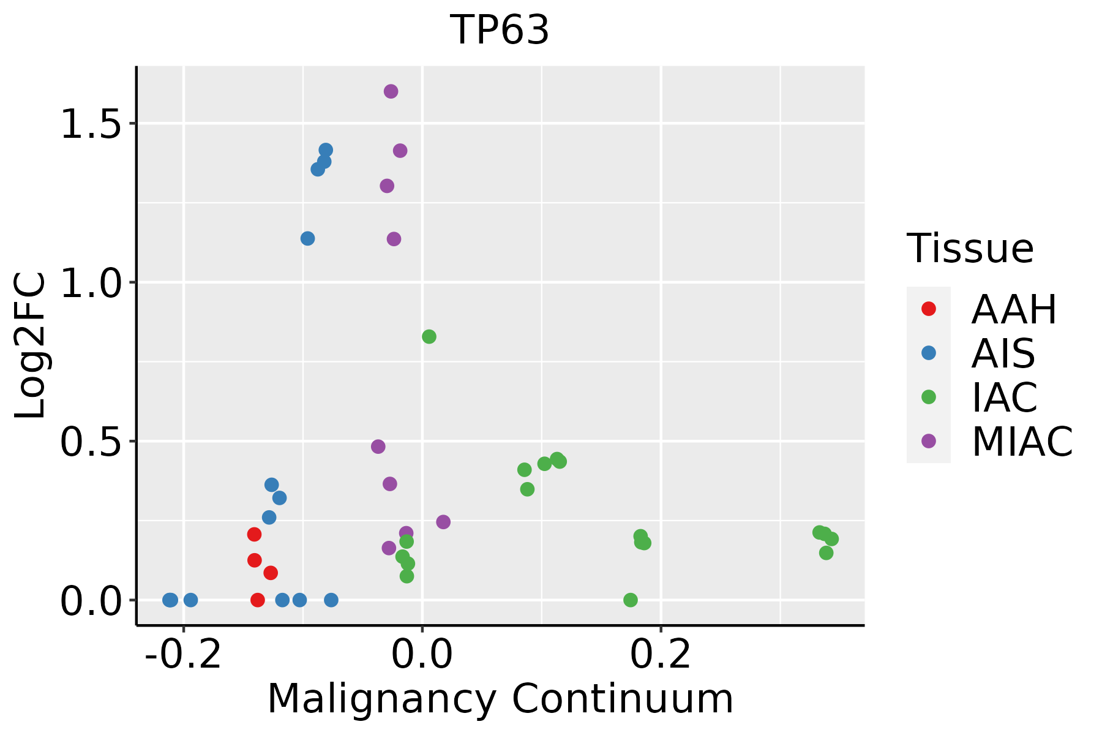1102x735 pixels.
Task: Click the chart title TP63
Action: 500,31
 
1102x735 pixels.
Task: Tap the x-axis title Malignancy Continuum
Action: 500,699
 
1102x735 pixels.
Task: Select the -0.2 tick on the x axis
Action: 183,655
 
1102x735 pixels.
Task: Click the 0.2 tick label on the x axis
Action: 661,655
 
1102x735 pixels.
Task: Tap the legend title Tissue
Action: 970,249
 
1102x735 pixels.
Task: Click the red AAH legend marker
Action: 929,309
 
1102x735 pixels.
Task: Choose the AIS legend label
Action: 1003,353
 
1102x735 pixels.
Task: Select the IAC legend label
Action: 1005,398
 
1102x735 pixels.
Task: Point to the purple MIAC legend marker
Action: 929,441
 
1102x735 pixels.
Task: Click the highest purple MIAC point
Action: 391,92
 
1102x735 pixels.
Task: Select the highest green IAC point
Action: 429,337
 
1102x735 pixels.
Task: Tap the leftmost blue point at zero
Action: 170,600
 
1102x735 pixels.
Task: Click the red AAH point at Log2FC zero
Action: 258,600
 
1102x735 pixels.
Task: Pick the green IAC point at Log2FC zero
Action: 631,600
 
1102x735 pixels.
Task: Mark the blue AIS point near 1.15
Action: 308,238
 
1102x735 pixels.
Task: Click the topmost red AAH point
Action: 255,535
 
